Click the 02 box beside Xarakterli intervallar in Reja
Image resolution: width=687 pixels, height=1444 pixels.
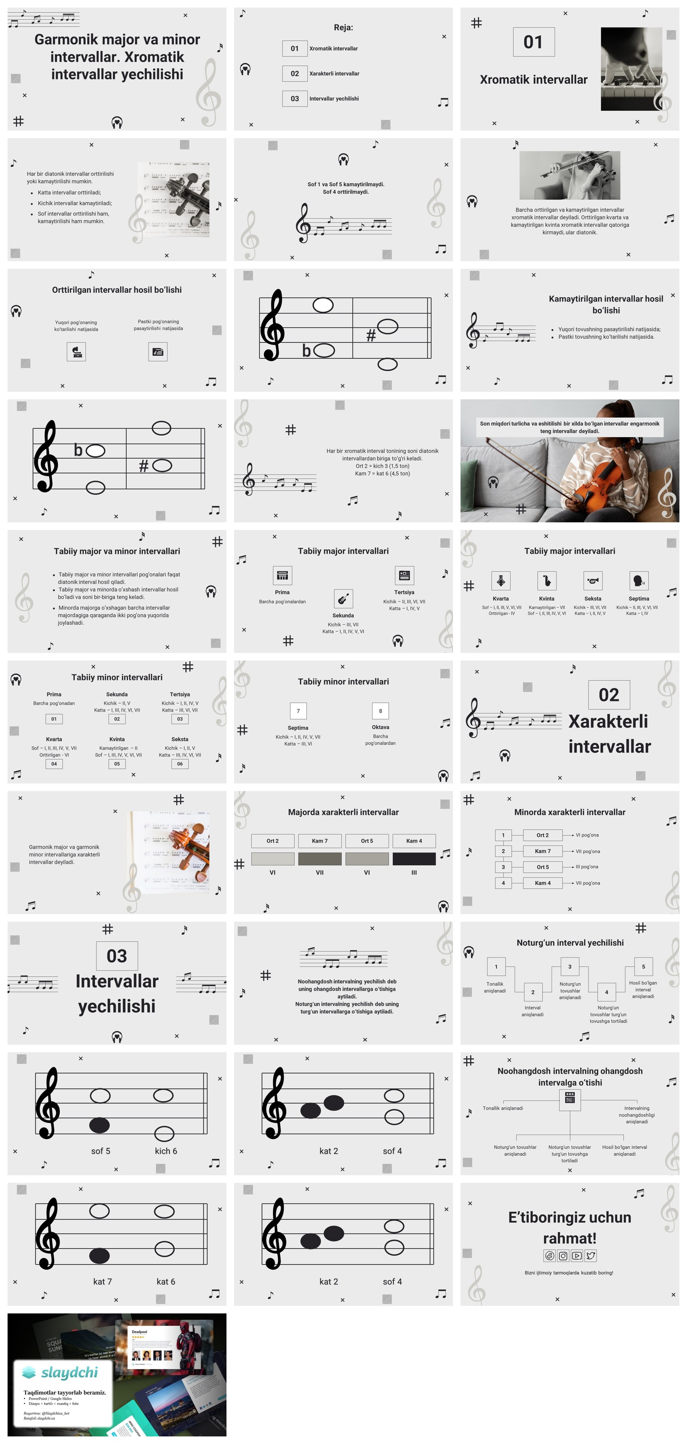point(295,73)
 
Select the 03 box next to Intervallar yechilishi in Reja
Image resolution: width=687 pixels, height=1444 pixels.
point(295,99)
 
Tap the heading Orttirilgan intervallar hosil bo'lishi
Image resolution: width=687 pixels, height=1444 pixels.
point(117,290)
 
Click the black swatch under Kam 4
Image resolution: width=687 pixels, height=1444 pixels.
point(414,858)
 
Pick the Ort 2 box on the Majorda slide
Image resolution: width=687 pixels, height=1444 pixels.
point(272,841)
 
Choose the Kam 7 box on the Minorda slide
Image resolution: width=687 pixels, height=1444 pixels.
point(543,851)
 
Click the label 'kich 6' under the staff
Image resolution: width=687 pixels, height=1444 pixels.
point(166,1151)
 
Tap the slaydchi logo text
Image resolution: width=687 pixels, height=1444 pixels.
point(69,1372)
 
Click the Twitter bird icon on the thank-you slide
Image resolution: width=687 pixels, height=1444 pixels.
point(591,1256)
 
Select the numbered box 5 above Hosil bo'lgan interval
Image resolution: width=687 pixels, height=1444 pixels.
point(643,966)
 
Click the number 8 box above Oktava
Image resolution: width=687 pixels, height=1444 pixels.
point(381,711)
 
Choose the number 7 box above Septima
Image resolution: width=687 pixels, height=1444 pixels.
point(298,711)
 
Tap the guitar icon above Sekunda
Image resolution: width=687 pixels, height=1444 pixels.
point(343,599)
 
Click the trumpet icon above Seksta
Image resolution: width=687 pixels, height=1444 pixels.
point(593,581)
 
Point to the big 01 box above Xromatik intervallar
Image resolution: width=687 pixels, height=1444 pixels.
point(533,42)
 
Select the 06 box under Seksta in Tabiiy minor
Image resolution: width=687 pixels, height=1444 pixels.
point(180,763)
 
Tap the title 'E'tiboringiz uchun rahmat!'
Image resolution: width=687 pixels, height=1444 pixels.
point(570,1227)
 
